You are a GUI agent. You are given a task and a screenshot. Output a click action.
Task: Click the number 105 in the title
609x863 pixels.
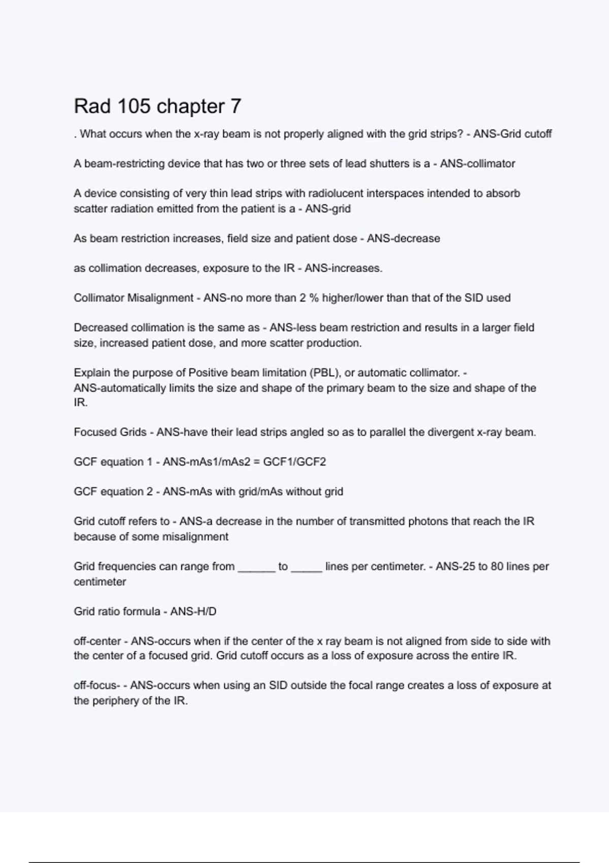point(134,106)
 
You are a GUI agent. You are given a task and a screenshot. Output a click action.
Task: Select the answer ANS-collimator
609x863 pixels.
point(478,163)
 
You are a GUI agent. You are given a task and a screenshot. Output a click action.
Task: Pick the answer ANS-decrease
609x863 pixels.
point(403,239)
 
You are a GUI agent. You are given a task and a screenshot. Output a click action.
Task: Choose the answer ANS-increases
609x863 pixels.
point(344,268)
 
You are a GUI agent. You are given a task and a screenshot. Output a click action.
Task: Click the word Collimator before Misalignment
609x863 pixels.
point(99,298)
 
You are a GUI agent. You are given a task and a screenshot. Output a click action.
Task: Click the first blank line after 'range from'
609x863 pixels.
point(256,568)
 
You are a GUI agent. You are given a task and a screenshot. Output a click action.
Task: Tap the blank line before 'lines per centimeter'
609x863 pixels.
point(307,568)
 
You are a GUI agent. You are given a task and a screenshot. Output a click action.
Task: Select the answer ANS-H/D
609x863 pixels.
point(193,611)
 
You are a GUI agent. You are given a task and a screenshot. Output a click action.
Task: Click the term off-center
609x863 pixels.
point(97,641)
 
